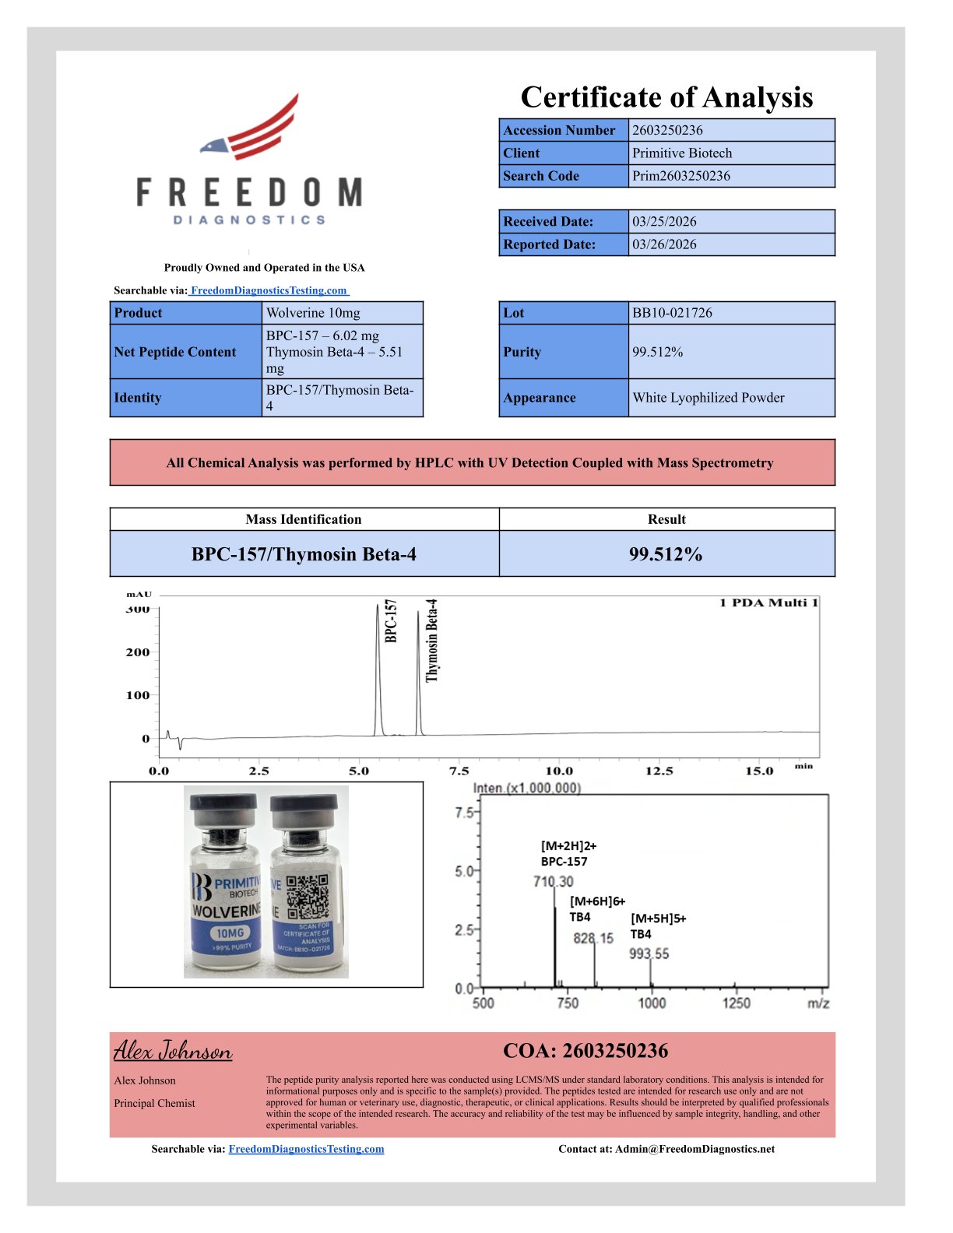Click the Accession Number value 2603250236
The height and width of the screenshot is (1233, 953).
point(667,130)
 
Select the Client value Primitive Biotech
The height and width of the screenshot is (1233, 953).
point(681,153)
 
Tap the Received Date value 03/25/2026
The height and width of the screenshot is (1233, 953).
point(664,221)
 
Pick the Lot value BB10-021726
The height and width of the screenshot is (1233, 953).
point(672,313)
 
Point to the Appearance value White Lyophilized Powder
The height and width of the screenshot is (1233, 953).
point(708,398)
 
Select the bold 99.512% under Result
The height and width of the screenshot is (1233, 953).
point(666,554)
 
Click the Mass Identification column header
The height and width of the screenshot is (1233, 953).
point(304,519)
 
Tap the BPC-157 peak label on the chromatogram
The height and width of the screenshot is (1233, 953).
point(391,620)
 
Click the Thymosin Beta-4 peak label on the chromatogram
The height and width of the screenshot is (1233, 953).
point(432,640)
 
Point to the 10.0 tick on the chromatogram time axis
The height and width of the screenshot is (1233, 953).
point(559,771)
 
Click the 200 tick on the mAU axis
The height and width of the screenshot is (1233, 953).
point(138,652)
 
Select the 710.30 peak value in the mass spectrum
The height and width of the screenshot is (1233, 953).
point(553,881)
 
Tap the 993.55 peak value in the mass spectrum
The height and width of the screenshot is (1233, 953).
point(649,954)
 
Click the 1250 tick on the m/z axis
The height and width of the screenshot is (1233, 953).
point(736,1003)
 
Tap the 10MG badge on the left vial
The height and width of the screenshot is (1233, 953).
point(230,933)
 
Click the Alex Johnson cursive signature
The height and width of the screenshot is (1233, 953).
point(173,1051)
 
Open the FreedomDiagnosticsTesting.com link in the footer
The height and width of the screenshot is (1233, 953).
point(306,1149)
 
